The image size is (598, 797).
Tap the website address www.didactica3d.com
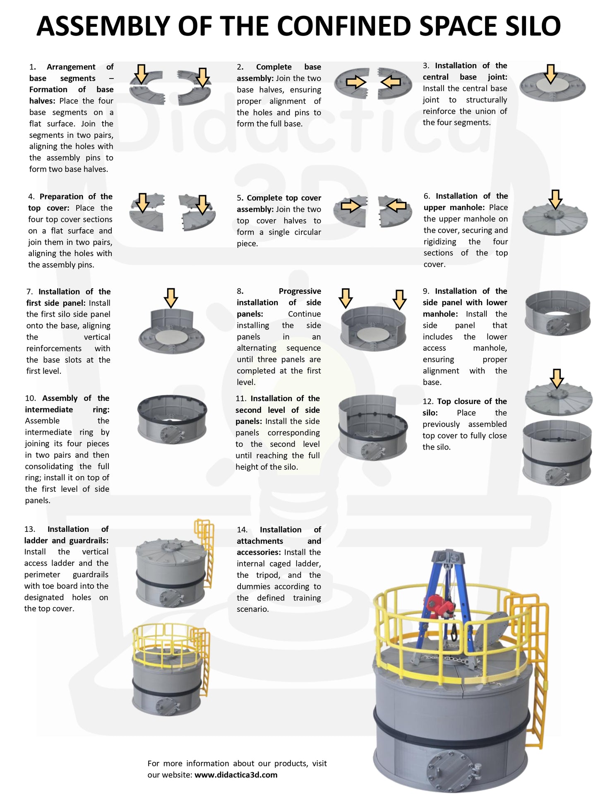point(236,775)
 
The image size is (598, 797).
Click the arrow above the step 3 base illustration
point(550,74)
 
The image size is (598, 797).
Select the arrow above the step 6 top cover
point(555,199)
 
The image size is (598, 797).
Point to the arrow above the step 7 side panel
point(171,298)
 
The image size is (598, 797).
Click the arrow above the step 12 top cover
point(557,379)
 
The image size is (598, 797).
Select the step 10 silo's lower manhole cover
point(172,434)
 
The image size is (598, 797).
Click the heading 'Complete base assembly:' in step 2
point(279,72)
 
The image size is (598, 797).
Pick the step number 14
point(242,529)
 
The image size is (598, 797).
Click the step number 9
point(426,291)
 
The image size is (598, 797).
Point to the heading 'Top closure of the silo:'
point(465,407)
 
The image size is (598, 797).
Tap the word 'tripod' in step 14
point(268,575)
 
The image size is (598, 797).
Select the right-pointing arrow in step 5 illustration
point(351,206)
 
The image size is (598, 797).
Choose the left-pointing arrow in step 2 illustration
point(391,82)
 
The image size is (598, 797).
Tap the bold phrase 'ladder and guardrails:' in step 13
point(66,540)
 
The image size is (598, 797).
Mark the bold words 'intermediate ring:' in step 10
point(67,409)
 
